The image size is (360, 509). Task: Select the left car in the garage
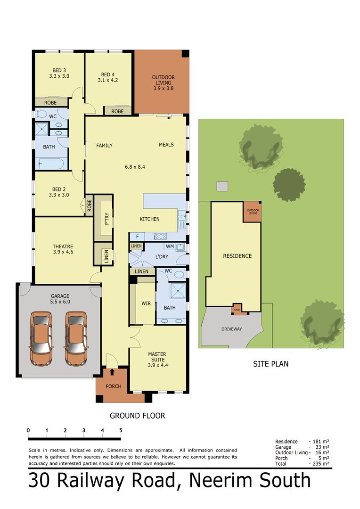click(41, 338)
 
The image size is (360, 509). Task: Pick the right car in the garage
click(76, 338)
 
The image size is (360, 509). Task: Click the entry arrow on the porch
click(112, 372)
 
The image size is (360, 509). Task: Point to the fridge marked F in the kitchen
click(138, 237)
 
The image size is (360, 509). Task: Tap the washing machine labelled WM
click(170, 246)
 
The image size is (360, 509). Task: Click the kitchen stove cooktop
click(160, 237)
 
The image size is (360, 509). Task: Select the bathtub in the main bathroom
click(51, 163)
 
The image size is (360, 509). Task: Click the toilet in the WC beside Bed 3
click(41, 114)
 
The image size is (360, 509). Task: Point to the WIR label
click(146, 304)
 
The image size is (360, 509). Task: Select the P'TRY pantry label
click(107, 219)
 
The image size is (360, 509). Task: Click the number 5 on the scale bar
click(121, 430)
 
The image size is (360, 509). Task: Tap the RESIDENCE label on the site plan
click(237, 256)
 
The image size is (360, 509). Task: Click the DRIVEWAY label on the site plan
click(231, 329)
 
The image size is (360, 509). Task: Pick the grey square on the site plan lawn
click(222, 186)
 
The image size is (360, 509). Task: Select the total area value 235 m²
click(321, 464)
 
